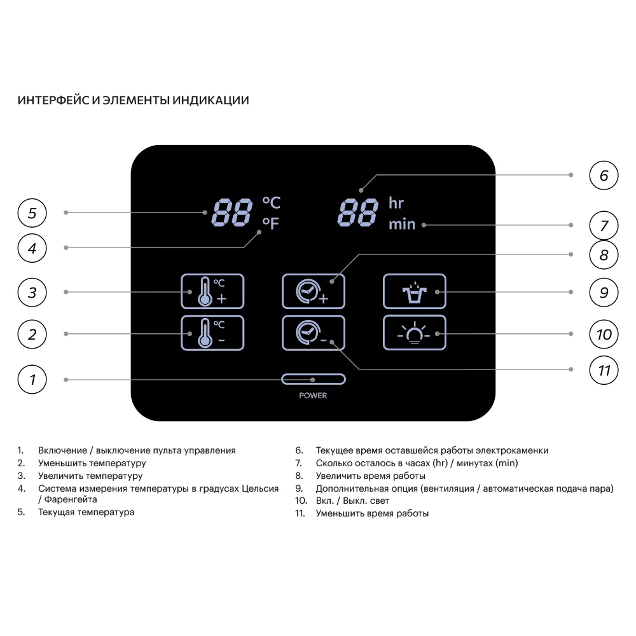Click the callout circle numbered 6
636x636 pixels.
(x=604, y=176)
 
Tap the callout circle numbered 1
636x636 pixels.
(x=32, y=379)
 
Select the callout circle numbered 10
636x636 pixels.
(x=604, y=335)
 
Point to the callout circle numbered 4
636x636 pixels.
(x=32, y=248)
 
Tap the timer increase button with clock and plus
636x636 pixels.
(x=313, y=291)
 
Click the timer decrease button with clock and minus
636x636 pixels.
(x=313, y=333)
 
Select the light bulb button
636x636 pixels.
(x=414, y=333)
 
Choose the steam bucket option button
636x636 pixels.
(x=414, y=291)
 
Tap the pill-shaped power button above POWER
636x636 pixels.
(x=313, y=379)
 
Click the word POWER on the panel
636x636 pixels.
(x=313, y=396)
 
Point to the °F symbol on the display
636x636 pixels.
(x=270, y=223)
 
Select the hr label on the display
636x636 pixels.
(x=396, y=203)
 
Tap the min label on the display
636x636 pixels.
(x=402, y=224)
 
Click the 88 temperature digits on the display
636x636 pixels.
(x=232, y=212)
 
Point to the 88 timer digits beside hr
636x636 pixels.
(x=357, y=212)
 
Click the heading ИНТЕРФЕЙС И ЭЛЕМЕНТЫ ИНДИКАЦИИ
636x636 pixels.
(x=133, y=100)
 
